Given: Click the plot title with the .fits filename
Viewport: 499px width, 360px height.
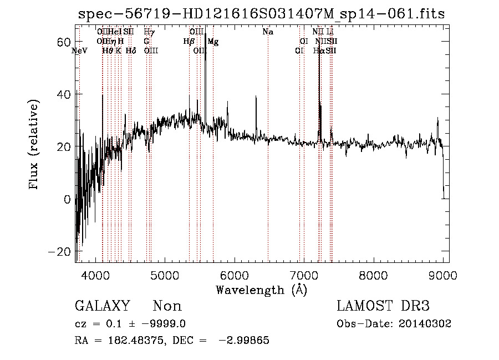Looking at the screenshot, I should (261, 14).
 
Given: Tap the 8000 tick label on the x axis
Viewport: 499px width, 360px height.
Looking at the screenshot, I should (373, 274).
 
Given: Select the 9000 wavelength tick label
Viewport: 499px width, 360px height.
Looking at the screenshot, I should (442, 274).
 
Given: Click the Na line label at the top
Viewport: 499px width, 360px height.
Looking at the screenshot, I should (268, 32).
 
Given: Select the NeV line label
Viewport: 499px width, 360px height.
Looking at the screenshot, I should (80, 51).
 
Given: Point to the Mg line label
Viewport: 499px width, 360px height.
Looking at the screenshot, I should (213, 42).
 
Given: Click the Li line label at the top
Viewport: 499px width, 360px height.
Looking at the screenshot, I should (330, 32).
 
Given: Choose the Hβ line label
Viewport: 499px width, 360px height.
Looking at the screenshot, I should (189, 42).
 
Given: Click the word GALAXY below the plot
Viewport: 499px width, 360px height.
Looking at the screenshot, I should (102, 306).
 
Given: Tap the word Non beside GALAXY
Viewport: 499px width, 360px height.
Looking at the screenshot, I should (167, 306).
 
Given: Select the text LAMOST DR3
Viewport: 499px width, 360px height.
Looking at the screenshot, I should (383, 306).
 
